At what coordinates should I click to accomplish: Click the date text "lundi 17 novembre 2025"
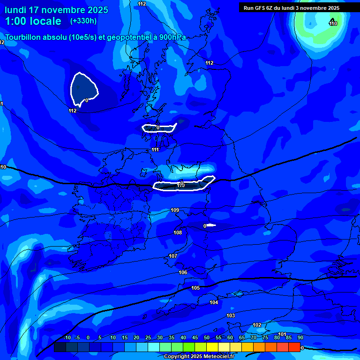point(56,10)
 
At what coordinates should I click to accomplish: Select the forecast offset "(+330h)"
point(83,21)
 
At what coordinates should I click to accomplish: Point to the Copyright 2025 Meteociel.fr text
point(198,356)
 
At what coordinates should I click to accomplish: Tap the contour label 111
point(155,150)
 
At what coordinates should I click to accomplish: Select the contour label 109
point(175,210)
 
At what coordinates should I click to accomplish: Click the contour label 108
point(178,232)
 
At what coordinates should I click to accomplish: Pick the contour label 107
point(173,256)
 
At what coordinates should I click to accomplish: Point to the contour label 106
point(183,272)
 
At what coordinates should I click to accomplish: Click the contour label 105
point(195,288)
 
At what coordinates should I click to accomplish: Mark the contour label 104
point(214,302)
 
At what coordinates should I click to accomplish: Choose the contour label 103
point(231,315)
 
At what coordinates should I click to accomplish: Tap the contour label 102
point(257,325)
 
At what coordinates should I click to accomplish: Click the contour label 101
point(282,334)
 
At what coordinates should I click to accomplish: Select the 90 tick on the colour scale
point(300,338)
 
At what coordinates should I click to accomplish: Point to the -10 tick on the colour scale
point(67,338)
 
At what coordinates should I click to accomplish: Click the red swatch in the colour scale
point(294,347)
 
